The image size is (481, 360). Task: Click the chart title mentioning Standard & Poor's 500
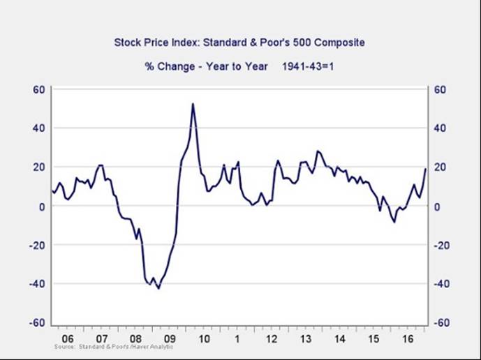tap(239, 43)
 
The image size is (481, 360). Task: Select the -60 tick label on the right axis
tap(441, 323)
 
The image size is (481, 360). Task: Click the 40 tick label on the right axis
tap(441, 128)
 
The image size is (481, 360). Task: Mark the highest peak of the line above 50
tap(193, 104)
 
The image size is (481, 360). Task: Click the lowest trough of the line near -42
tap(158, 288)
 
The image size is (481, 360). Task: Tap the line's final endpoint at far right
tap(425, 169)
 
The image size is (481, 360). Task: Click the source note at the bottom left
tap(112, 347)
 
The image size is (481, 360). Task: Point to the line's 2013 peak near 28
tap(318, 151)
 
